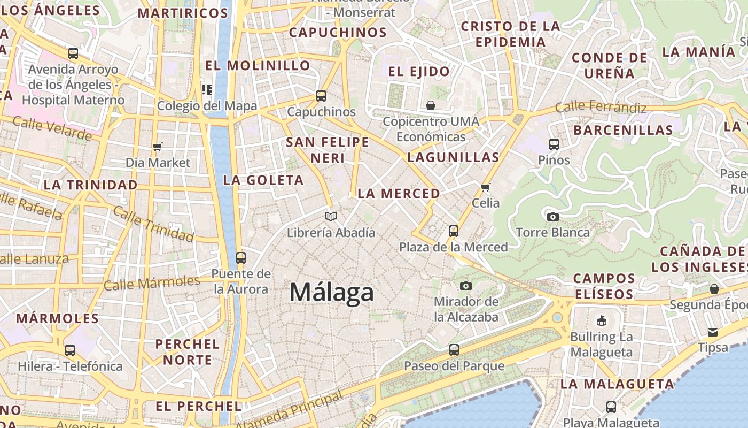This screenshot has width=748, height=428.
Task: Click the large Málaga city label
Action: [x=331, y=293]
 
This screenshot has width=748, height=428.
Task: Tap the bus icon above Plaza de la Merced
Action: [x=454, y=231]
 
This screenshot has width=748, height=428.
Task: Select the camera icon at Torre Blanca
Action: [x=553, y=217]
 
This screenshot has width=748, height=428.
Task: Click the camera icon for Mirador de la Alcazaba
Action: [x=466, y=286]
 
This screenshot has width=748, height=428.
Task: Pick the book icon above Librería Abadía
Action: [x=331, y=216]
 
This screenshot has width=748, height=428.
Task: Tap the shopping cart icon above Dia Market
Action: [x=158, y=147]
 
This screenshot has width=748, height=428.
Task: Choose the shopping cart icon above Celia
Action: [x=486, y=187]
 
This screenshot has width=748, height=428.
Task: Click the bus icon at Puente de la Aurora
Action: [x=241, y=258]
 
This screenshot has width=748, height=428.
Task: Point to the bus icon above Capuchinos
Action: [x=321, y=96]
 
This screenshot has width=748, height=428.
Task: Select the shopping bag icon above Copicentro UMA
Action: [x=431, y=105]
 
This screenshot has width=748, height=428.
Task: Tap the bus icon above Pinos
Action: [x=554, y=144]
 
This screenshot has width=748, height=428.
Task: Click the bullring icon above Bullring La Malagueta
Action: [x=602, y=321]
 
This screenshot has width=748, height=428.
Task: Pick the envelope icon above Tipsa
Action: [x=713, y=332]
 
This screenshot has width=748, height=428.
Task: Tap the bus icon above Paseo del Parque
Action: [x=454, y=350]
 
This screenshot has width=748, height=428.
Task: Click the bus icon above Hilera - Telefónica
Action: [x=70, y=350]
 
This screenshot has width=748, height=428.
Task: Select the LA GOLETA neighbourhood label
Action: [x=263, y=180]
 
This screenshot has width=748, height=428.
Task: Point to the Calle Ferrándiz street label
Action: [x=601, y=107]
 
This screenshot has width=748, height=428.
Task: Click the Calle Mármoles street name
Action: [x=152, y=282]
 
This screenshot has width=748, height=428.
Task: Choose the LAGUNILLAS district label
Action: [x=453, y=157]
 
